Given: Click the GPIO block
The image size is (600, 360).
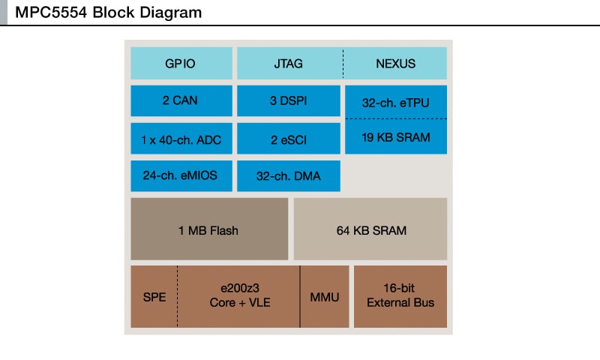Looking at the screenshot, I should (180, 64).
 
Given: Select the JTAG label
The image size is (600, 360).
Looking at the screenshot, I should (289, 64).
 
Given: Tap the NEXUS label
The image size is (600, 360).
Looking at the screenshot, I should (395, 64).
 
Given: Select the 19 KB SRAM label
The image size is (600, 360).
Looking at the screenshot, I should (395, 136).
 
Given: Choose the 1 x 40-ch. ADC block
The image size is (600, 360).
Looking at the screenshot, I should (180, 139).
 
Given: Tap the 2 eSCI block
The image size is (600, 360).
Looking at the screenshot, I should (289, 139).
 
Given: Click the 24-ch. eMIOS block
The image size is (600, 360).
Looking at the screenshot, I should (180, 176).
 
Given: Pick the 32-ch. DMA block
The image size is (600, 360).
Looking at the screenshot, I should (289, 176).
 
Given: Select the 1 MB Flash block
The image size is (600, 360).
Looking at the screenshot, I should (208, 230).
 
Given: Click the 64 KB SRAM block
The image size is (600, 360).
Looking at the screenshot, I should (370, 230).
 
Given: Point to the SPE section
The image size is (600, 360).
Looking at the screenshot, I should (154, 297).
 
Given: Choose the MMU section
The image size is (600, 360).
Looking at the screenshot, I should (325, 297).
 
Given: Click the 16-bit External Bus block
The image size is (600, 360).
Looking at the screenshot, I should (400, 296).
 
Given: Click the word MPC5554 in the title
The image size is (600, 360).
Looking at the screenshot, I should (52, 13).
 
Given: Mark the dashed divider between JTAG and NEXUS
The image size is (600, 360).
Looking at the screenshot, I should (343, 64).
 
